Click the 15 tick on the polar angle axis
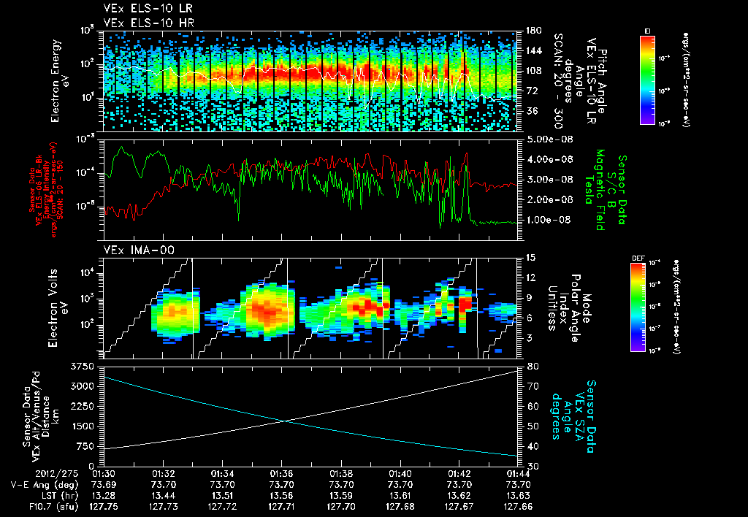click(528, 258)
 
